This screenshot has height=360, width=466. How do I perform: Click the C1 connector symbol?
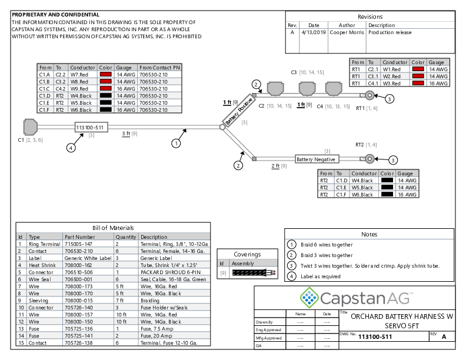[30, 127]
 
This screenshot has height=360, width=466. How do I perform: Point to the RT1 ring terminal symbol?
[371, 98]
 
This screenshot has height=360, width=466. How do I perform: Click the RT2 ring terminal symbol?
[369, 159]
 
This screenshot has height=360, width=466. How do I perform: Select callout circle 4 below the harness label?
[71, 148]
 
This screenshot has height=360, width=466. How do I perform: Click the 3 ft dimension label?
[126, 134]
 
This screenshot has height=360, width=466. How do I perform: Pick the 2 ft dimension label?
[275, 166]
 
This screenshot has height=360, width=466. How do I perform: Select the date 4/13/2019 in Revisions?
[314, 33]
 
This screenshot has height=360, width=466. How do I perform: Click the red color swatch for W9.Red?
[106, 88]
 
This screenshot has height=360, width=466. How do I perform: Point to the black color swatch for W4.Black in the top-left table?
[106, 95]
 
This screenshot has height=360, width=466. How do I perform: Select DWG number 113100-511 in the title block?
[375, 336]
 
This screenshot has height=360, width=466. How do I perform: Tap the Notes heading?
[369, 234]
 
